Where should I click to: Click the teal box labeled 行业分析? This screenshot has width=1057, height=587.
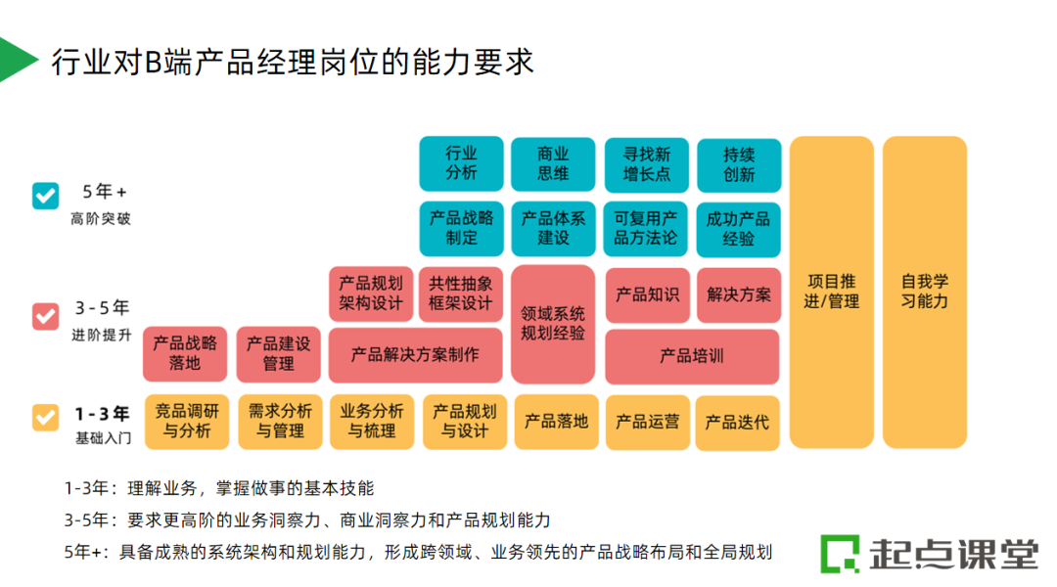point(461,163)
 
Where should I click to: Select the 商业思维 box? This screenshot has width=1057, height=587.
point(553,163)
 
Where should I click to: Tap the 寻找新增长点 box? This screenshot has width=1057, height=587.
point(646,163)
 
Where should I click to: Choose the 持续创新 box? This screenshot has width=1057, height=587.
point(739,163)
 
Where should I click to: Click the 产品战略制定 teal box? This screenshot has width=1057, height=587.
point(461,228)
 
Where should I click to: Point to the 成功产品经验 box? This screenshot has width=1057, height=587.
point(739,228)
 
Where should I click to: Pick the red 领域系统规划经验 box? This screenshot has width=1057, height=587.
point(553,323)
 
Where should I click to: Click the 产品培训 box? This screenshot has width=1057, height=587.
point(692,356)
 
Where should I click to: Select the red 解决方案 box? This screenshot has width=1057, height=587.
point(739,294)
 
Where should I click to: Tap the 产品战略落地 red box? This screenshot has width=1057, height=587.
point(185,353)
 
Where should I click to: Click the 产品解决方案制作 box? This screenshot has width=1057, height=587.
point(415,354)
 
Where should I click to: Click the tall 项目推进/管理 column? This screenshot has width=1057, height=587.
point(831,292)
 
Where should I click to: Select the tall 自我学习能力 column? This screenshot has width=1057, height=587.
point(924,292)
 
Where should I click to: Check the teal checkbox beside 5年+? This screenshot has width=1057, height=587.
point(46,196)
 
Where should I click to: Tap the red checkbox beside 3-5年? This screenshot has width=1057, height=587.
point(46,316)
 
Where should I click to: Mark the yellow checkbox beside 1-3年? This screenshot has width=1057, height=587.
point(46,418)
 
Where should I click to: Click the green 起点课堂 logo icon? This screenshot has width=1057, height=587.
point(839,554)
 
